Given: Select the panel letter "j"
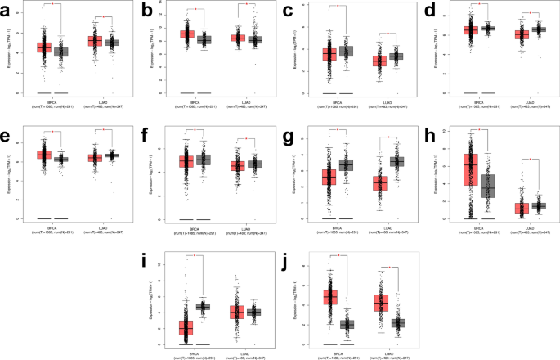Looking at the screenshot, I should pyautogui.click(x=284, y=262).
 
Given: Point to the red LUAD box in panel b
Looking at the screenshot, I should pyautogui.click(x=238, y=38).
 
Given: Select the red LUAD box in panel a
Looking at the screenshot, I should pyautogui.click(x=94, y=41).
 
